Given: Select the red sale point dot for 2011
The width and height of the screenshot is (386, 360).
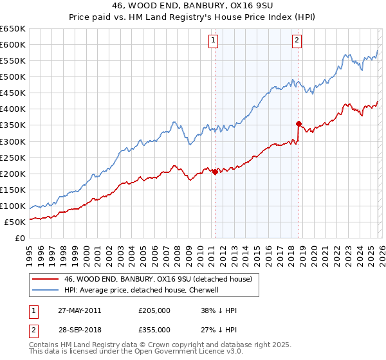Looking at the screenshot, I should click(x=215, y=172).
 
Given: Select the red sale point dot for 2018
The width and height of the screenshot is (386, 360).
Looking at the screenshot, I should click(x=299, y=123).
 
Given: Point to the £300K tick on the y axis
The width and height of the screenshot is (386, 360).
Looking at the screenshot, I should click(x=14, y=141).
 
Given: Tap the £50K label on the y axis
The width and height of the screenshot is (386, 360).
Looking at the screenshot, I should click(x=15, y=222).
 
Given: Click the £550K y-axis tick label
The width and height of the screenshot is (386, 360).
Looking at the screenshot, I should click(x=14, y=60).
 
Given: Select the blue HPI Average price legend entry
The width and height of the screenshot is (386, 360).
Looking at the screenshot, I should click(x=142, y=290).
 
